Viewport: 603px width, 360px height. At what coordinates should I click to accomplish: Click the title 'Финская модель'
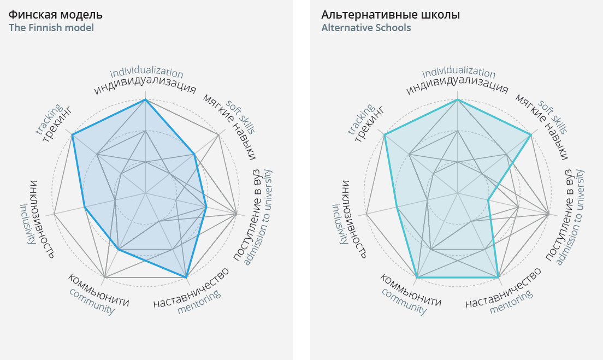[x=55, y=15]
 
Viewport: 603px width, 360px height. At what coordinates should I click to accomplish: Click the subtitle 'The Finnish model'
[x=51, y=28]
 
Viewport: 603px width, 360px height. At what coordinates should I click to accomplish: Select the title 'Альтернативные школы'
[x=391, y=15]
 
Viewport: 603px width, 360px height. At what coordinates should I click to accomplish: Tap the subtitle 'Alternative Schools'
[x=366, y=28]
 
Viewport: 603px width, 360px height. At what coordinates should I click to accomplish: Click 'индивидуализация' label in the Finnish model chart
[x=145, y=87]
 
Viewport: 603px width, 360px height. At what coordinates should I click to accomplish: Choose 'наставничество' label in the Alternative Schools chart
[x=504, y=287]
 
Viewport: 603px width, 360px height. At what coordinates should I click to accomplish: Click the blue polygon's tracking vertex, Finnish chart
[x=72, y=134]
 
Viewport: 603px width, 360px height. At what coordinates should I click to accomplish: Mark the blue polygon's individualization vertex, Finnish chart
[x=145, y=99]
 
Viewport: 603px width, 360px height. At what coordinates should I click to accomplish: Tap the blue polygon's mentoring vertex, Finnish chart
[x=186, y=278]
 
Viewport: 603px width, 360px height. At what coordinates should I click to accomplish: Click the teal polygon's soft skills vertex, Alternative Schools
[x=531, y=134]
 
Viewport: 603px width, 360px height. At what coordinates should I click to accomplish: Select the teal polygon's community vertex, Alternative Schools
[x=417, y=278]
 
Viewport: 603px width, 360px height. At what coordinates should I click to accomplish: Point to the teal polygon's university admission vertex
[x=488, y=200]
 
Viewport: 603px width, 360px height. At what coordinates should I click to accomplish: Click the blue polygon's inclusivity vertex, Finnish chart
[x=85, y=206]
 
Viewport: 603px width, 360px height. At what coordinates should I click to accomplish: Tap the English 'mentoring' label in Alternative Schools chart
[x=511, y=302]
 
